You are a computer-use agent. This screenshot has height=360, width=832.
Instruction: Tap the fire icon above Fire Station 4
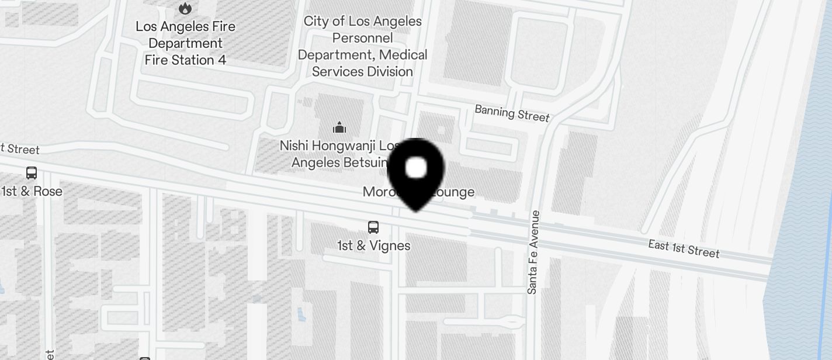[x=185, y=8]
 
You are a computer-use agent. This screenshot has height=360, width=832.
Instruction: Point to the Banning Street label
[x=512, y=113]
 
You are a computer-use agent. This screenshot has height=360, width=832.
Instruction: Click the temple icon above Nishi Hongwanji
[x=339, y=127]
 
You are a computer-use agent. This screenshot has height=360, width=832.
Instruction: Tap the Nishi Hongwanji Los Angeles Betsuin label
[x=339, y=154]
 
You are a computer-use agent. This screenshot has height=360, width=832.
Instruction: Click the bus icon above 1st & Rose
[x=32, y=173]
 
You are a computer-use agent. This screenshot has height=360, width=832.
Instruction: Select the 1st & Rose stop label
[x=32, y=192]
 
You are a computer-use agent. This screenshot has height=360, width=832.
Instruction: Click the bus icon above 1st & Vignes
[x=373, y=227]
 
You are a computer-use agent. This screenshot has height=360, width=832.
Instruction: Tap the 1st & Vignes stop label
[x=373, y=245]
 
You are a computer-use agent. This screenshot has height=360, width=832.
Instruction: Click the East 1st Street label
[x=684, y=248]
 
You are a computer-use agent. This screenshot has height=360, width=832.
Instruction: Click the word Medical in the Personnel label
[x=403, y=55]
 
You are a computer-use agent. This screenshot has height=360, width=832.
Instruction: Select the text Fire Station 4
[x=185, y=60]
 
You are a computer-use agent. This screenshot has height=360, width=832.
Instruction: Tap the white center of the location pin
[x=416, y=168]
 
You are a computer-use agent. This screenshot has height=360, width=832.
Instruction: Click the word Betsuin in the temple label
[x=365, y=162]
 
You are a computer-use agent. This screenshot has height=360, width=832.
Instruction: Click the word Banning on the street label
[x=494, y=110]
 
